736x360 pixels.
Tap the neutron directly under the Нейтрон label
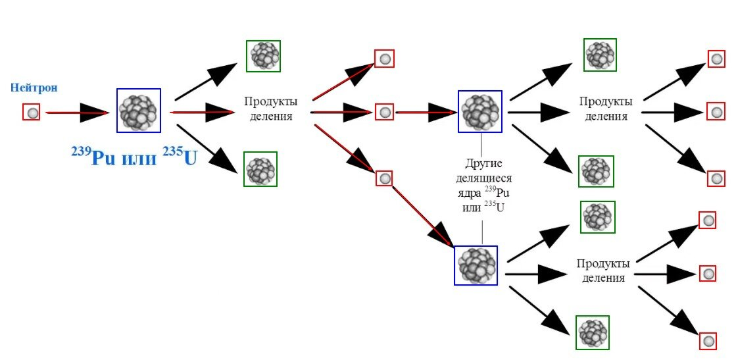coord(32,113)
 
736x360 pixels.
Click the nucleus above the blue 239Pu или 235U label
coord(138,111)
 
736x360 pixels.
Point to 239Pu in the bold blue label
coord(92,157)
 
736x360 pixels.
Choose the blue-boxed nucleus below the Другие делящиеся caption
coord(476,265)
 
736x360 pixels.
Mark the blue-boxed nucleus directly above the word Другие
coord(480,111)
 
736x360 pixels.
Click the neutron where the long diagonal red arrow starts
coord(385,178)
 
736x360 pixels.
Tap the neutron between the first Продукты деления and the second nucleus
coord(384,112)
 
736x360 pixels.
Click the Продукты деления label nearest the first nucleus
coord(270,109)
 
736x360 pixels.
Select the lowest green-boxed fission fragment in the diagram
coord(593,332)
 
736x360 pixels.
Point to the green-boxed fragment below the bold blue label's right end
coord(260,169)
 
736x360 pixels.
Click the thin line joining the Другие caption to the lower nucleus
coord(483,230)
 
